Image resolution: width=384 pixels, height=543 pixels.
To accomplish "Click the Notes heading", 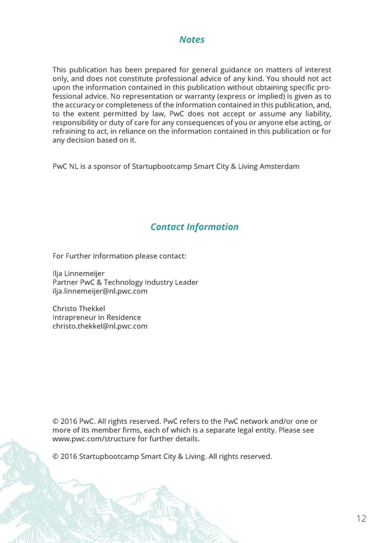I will pyautogui.click(x=192, y=40).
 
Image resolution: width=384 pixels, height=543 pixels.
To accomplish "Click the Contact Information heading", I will pyautogui.click(x=194, y=227).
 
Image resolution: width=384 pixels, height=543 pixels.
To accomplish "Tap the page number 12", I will pyautogui.click(x=360, y=519).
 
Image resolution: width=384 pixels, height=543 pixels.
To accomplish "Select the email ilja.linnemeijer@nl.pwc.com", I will pyautogui.click(x=100, y=291).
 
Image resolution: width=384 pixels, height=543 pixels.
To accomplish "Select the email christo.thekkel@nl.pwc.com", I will pyautogui.click(x=100, y=326).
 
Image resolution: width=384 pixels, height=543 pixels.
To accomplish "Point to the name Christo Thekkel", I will pyautogui.click(x=79, y=309).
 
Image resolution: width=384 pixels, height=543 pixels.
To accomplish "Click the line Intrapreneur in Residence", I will pyautogui.click(x=97, y=318).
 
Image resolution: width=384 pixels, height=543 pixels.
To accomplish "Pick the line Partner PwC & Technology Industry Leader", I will pyautogui.click(x=125, y=282).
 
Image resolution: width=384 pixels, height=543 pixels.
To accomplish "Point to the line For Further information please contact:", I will pyautogui.click(x=119, y=256).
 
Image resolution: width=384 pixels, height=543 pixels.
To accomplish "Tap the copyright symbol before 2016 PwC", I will pyautogui.click(x=55, y=421).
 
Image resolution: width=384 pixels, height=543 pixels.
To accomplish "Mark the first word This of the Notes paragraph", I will pyautogui.click(x=60, y=69).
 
